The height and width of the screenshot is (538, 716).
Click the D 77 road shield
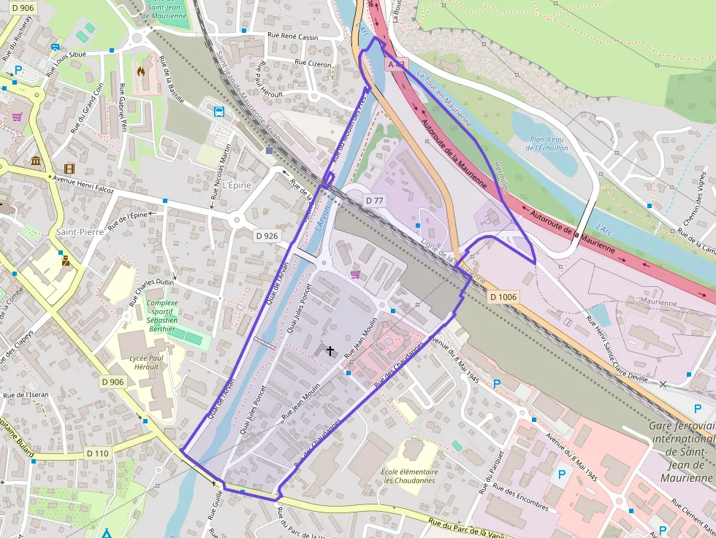pos(374,200)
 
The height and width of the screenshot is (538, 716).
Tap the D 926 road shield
pos(267,236)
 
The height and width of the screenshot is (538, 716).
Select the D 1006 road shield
pos(503,297)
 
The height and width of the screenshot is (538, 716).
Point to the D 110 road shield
pos(97,453)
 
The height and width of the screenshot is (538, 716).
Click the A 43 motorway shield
pos(395,65)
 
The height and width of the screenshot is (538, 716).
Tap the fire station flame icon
pos(141,72)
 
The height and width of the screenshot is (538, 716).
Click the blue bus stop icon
pos(218,112)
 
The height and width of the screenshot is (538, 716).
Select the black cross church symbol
pos(330,351)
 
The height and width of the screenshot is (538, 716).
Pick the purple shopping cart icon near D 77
pos(355,274)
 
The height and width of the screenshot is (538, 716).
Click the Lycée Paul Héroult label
pos(146,363)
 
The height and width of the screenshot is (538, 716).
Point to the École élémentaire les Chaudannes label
pos(409,476)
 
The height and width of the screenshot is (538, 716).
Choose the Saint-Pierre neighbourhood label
pos(79,231)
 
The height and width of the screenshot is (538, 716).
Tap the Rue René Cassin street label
pos(294,36)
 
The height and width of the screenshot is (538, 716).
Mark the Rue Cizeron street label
pos(313,64)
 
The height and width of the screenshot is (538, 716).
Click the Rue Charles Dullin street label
pos(152,291)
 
